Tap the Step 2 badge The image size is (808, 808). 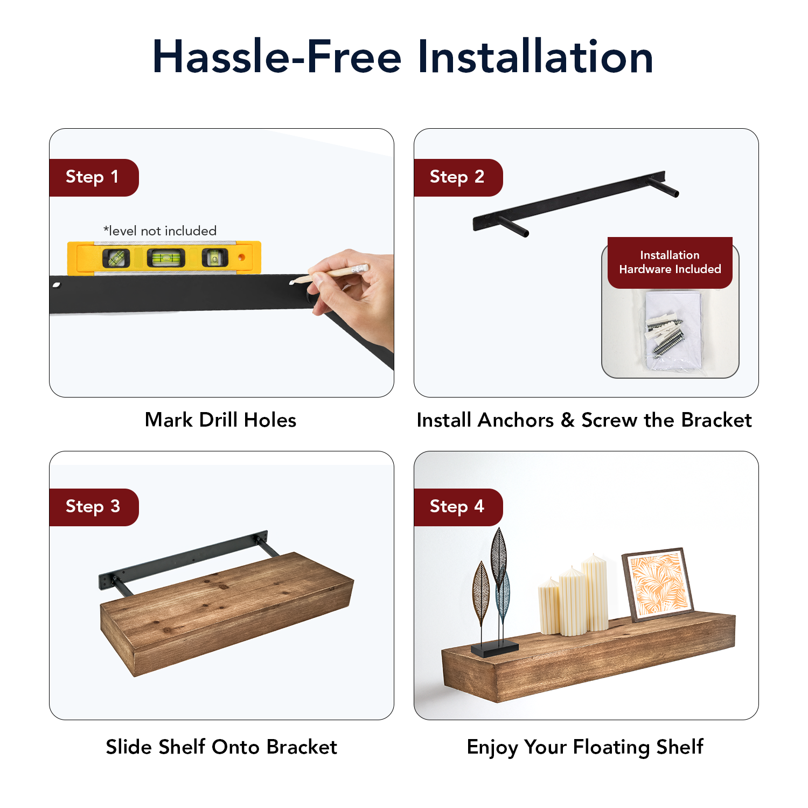458,178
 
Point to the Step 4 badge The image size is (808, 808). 458,507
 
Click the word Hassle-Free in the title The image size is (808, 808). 277,57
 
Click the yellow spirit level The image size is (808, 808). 164,257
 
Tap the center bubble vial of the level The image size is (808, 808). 166,258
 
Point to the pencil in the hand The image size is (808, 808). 329,274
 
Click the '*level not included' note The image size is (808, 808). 160,231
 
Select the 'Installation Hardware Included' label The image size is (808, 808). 670,262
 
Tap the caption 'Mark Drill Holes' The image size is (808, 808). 221,420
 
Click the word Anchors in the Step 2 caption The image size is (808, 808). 516,420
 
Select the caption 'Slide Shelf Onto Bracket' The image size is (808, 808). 221,747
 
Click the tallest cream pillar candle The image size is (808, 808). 595,593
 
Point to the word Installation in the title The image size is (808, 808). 535,57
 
